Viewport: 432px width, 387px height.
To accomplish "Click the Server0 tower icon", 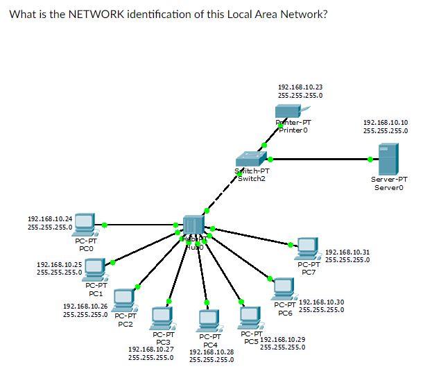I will point(388,160).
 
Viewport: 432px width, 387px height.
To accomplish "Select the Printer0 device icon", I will point(288,110).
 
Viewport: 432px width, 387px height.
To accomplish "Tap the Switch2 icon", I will point(248,160).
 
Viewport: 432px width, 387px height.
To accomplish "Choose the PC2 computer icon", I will point(124,299).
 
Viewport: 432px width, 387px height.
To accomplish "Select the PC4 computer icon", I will point(208,320).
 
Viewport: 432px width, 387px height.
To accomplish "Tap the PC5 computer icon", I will point(250,318).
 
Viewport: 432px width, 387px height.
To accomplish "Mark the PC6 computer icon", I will point(283,287).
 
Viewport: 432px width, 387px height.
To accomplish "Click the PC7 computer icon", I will point(307,247).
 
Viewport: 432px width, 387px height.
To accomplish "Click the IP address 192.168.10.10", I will point(385,122).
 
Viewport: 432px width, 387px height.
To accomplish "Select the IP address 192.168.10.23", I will point(300,87).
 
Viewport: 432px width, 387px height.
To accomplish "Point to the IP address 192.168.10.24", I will point(49,218).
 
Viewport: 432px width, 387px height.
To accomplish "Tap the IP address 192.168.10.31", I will point(347,252).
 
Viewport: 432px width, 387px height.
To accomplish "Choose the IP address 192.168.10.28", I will point(211,352).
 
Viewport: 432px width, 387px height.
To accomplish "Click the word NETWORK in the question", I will point(98,15).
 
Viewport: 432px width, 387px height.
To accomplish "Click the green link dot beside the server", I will point(370,160).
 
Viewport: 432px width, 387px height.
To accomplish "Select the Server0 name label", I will point(388,187).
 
